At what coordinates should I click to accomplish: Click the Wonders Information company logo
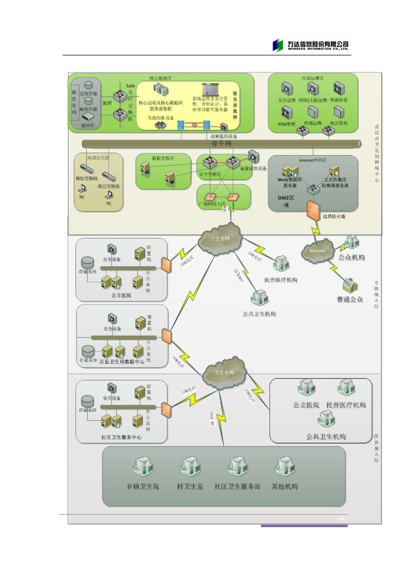coord(311,46)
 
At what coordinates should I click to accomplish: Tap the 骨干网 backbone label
coord(221,144)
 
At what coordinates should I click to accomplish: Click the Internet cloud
coord(318,251)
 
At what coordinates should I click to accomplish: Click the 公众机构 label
coord(351,258)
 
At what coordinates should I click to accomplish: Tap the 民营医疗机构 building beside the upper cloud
coord(281,263)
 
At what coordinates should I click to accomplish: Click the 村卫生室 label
coord(190,487)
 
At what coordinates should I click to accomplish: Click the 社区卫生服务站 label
coord(237,487)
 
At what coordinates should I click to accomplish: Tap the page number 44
coord(341,519)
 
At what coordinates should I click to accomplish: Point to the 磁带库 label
coord(87,125)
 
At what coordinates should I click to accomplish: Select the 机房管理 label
coord(338,123)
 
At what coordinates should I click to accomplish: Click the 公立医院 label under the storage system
coord(121,296)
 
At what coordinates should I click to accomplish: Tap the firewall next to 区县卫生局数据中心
coord(166,335)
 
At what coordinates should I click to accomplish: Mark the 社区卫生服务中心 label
coord(121,437)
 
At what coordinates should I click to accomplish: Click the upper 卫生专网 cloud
coord(220,239)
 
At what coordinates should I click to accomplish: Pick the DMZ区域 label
coord(286,201)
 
